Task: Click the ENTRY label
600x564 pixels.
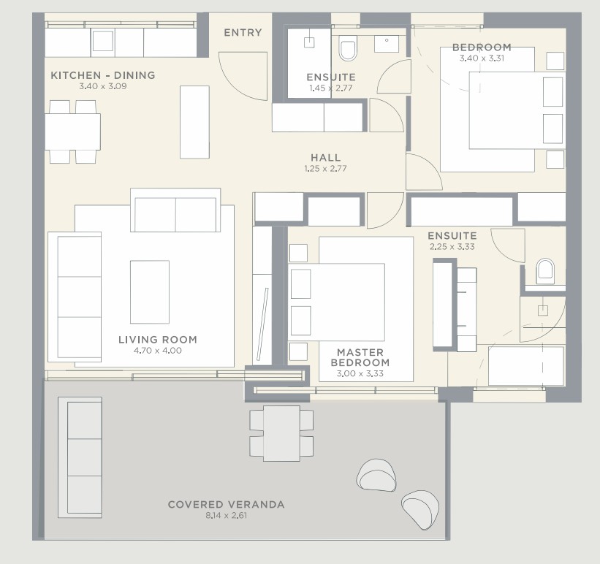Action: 243,33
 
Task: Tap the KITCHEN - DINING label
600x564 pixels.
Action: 103,75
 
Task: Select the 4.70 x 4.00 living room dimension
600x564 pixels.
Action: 157,351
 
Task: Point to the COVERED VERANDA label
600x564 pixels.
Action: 226,504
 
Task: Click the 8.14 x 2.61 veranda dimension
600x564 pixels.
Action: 226,515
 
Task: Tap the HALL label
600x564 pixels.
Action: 326,157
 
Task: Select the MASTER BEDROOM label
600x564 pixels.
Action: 360,357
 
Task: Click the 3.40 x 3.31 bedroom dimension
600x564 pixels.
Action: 482,58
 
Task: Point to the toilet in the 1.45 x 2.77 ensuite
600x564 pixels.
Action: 348,47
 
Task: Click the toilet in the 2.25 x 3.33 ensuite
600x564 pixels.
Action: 545,271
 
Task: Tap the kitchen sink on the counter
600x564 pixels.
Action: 103,41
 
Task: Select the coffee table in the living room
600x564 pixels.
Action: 150,292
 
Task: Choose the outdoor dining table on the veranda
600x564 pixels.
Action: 281,433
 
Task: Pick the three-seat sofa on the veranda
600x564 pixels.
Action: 80,457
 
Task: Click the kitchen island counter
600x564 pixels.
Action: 194,122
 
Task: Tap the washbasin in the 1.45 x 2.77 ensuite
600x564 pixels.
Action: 387,44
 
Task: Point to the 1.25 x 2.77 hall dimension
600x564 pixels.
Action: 326,168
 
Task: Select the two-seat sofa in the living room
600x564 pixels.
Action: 175,210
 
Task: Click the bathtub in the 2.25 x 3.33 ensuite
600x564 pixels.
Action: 525,366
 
